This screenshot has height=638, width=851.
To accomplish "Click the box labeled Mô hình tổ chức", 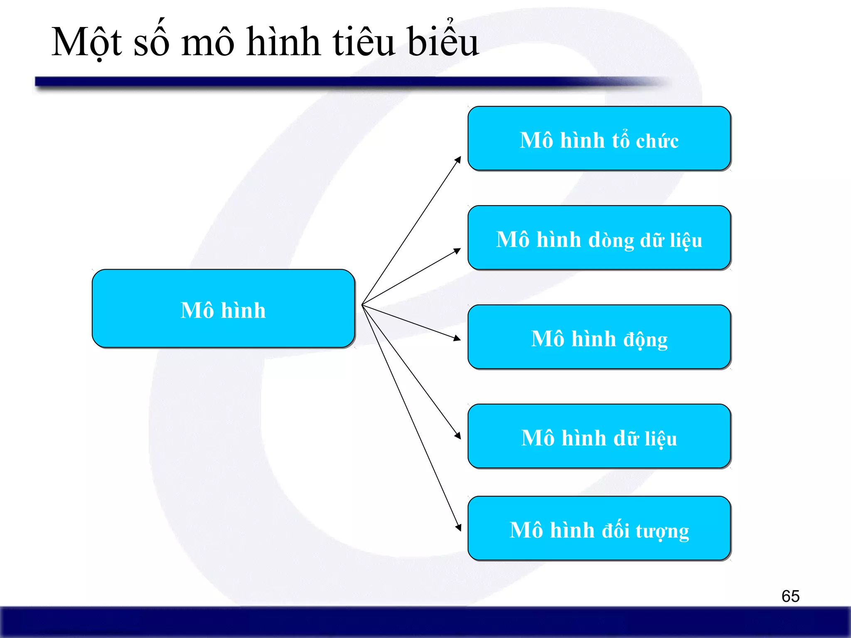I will pos(599,138).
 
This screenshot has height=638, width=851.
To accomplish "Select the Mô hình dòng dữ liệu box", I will pos(599,238).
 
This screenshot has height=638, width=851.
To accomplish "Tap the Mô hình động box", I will pos(599,337).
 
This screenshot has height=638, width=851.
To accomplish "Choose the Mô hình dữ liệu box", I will pos(599,436).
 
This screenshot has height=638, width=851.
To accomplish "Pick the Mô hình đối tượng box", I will pos(599,528).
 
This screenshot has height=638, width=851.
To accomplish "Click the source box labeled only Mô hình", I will pos(223,309).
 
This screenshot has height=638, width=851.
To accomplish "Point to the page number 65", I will pos(790,596).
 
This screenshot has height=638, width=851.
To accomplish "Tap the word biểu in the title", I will pos(443,42).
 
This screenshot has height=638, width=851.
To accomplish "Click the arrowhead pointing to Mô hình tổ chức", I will pos(458,159).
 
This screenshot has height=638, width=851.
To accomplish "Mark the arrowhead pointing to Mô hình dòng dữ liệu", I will pos(457,250).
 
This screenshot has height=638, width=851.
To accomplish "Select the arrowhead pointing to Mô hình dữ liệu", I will pos(458,436).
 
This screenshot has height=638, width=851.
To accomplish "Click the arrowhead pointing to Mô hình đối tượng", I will pos(459,528).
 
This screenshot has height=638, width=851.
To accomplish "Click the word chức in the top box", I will pos(657,140).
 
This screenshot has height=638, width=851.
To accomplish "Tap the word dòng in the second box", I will pos(611,240).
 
